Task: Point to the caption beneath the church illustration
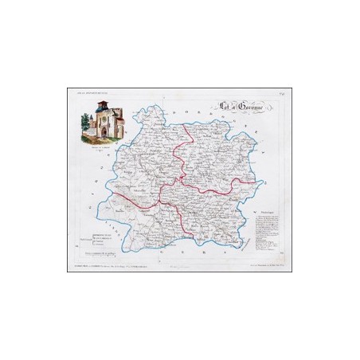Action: (99, 141)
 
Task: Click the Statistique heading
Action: (265, 212)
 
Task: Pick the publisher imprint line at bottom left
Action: (112, 264)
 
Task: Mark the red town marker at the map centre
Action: (182, 178)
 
